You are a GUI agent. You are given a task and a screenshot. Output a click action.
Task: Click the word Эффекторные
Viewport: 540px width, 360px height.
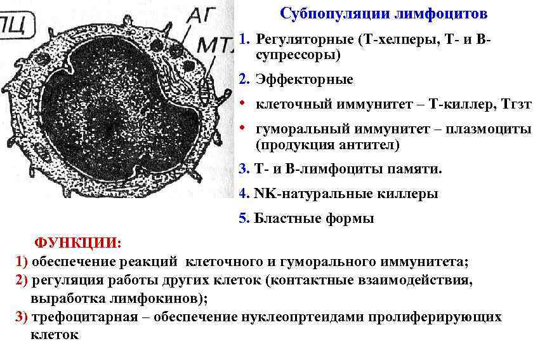[304, 80]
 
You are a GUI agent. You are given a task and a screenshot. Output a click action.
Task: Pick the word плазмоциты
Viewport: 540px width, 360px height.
[492, 129]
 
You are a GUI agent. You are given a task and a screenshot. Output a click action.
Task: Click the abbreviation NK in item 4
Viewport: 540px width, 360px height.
[261, 194]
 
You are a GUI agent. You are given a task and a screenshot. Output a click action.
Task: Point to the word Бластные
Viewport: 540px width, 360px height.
[282, 218]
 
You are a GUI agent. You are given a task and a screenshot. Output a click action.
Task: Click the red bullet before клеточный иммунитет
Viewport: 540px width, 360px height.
[243, 104]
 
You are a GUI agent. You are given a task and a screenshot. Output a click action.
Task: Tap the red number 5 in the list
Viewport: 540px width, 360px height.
[242, 218]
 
